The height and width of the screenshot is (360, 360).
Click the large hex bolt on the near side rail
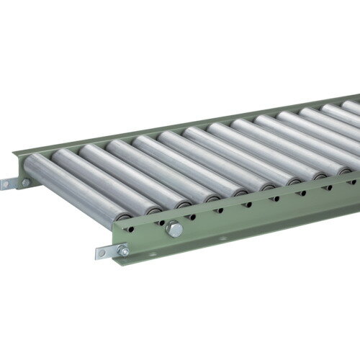click(174, 229)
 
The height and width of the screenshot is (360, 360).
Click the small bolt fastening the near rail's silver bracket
click(124, 251)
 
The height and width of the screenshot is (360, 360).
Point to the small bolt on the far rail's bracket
click(25, 183)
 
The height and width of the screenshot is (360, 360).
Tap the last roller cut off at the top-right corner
click(353, 107)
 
